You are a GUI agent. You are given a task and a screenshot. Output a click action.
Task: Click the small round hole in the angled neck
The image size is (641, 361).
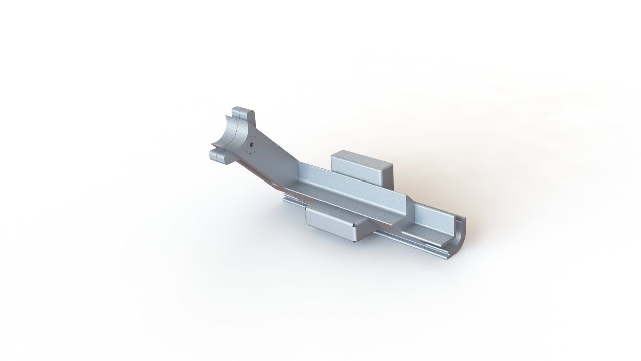(x=251, y=143)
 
